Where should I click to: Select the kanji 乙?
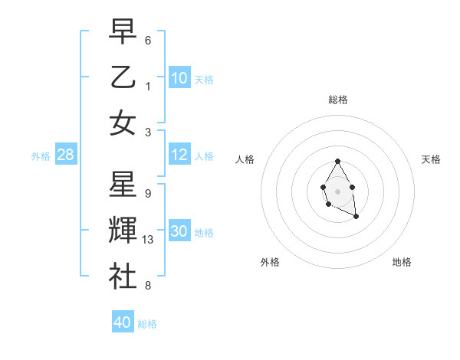[x=123, y=78]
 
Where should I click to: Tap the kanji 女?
[x=123, y=123]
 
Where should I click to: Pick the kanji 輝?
[x=123, y=230]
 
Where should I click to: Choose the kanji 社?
[x=123, y=275]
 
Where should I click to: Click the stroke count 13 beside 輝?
[x=148, y=240]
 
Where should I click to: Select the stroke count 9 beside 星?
[x=147, y=193]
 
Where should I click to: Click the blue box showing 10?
[x=179, y=77]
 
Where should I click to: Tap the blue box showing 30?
[x=179, y=231]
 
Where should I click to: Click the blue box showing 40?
[x=123, y=322]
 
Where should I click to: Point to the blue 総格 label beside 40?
[x=147, y=324]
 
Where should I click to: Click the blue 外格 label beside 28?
[x=41, y=156]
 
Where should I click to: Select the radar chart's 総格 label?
[x=337, y=100]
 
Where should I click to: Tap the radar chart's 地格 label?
[x=402, y=262]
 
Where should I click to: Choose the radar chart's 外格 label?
[x=270, y=262]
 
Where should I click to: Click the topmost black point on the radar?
[x=337, y=161]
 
